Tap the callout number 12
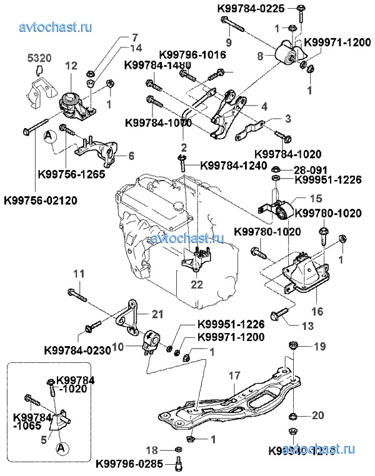click(x=70, y=66)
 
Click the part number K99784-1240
click(x=233, y=165)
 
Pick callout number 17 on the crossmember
click(x=234, y=377)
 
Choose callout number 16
click(x=315, y=309)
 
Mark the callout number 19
click(x=319, y=345)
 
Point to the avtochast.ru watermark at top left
click(x=56, y=27)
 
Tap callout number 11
click(x=79, y=273)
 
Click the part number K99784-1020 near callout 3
click(x=288, y=152)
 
